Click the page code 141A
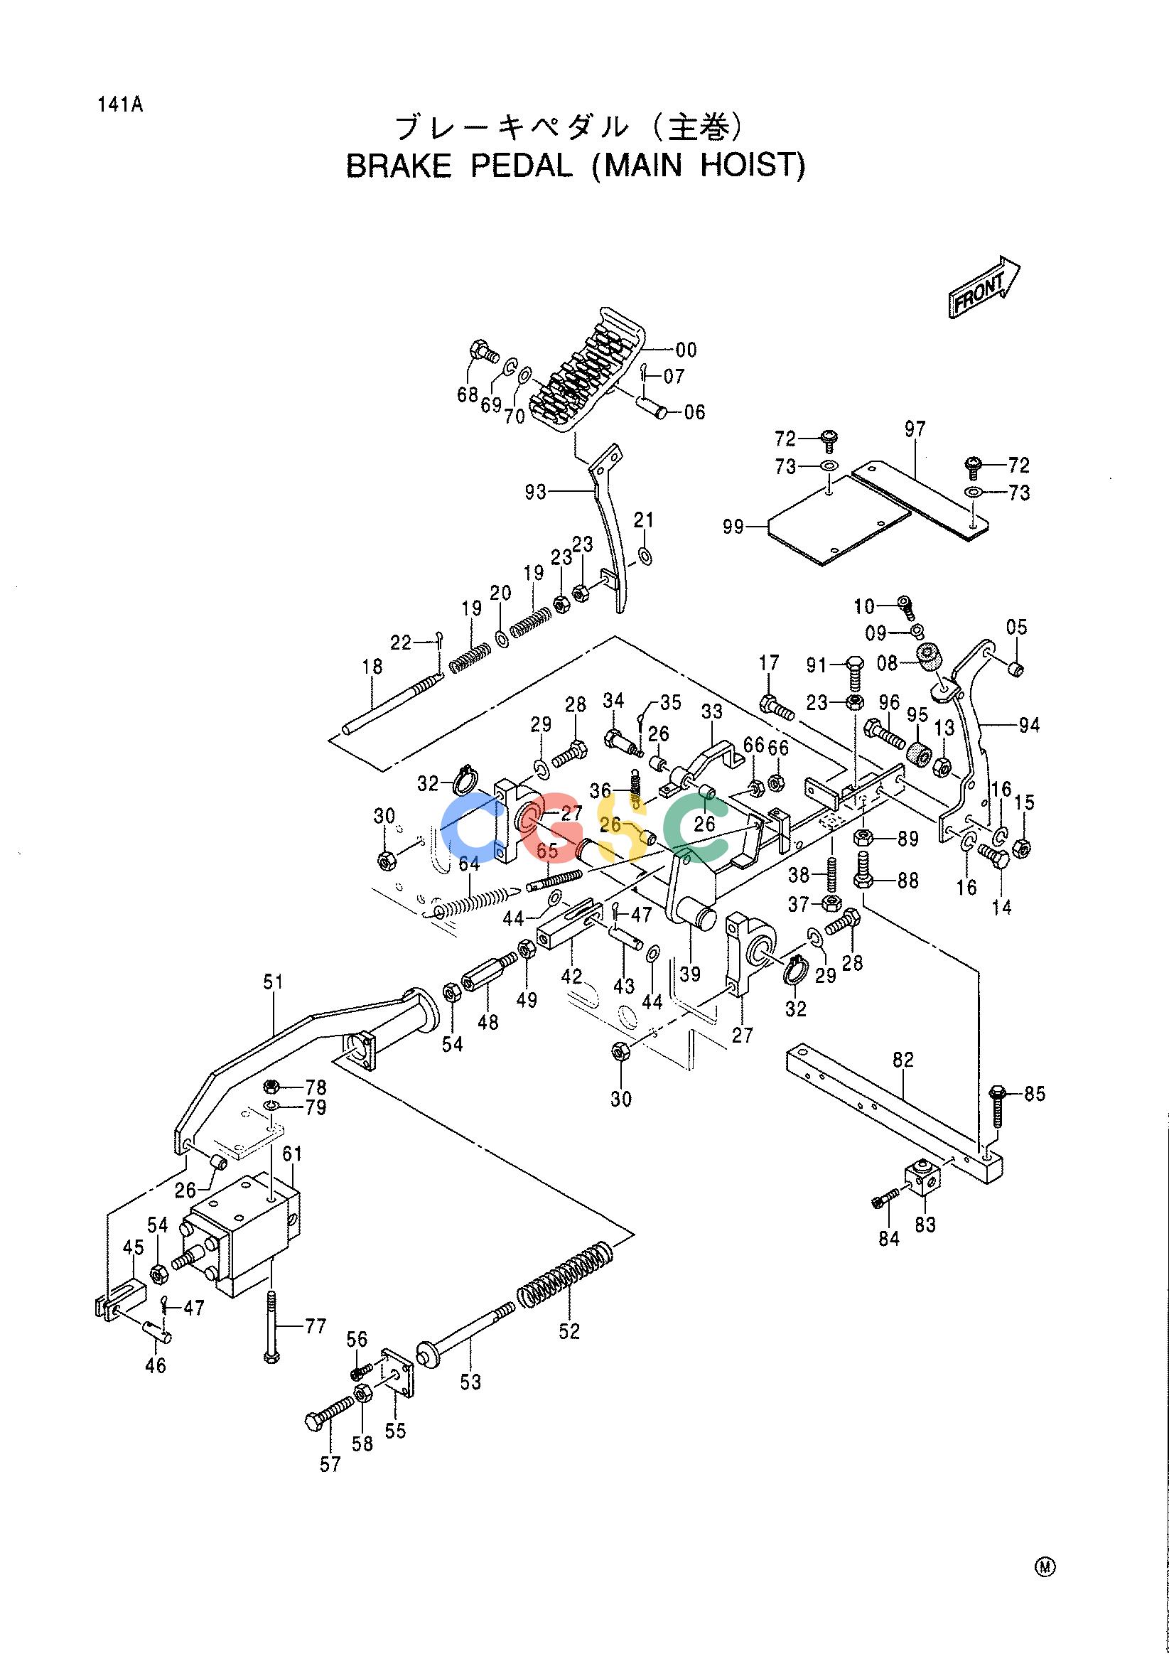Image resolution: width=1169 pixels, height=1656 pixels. [x=119, y=105]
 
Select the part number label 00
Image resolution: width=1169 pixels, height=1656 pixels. [x=686, y=350]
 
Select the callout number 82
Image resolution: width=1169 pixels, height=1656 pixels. [x=903, y=1060]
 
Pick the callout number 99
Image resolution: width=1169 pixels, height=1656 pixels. [x=735, y=527]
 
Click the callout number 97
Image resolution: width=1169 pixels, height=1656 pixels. [x=915, y=430]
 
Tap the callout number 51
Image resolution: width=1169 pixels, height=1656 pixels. [x=274, y=982]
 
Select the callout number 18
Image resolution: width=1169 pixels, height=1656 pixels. [x=373, y=667]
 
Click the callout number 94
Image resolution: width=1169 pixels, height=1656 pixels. [x=1029, y=726]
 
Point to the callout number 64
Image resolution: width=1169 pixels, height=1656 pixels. [x=470, y=863]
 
